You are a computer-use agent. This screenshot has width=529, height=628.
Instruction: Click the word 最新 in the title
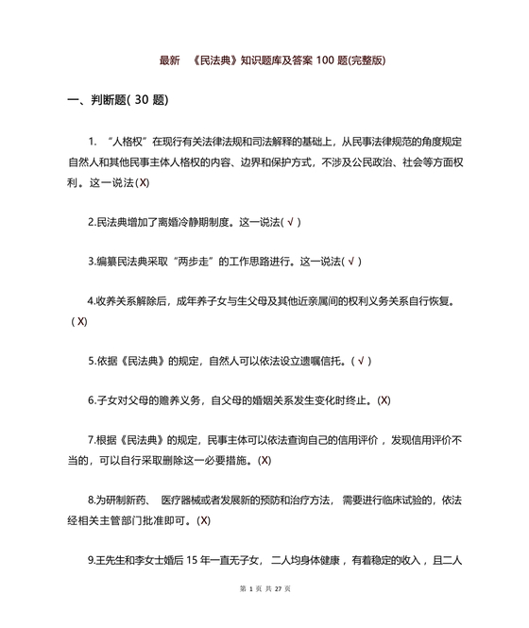pos(169,60)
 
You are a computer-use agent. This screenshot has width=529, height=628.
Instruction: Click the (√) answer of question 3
pos(352,262)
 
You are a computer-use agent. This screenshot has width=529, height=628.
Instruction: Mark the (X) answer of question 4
pos(79,321)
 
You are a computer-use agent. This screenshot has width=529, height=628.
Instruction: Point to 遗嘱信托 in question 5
pos(320,361)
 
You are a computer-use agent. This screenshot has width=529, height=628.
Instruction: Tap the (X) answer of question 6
pos(384,400)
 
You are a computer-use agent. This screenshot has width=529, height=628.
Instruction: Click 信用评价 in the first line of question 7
pos(384,441)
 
